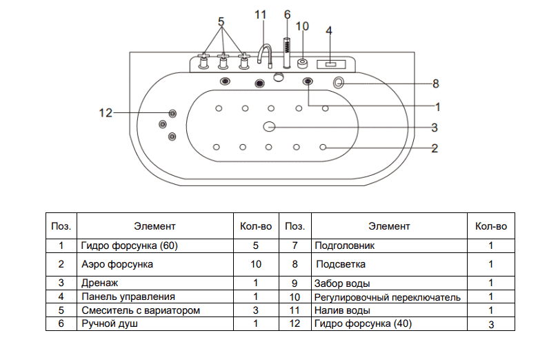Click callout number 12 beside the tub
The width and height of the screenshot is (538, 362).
pyautogui.click(x=105, y=112)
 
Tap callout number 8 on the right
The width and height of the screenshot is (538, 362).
pyautogui.click(x=435, y=83)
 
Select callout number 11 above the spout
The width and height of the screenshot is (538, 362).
pyautogui.click(x=260, y=14)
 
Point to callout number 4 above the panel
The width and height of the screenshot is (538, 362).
pyautogui.click(x=329, y=30)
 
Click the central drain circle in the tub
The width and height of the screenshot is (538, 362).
pyautogui.click(x=269, y=127)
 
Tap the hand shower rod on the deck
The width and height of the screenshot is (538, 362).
pyautogui.click(x=286, y=51)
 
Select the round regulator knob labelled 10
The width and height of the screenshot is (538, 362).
pyautogui.click(x=303, y=64)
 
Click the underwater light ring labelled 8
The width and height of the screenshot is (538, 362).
pyautogui.click(x=340, y=83)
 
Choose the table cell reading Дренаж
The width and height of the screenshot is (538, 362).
pyautogui.click(x=100, y=283)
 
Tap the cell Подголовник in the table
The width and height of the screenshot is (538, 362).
pyautogui.click(x=345, y=245)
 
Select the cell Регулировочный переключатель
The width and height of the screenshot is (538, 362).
pyautogui.click(x=387, y=296)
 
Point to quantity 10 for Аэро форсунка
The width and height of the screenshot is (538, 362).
pyautogui.click(x=255, y=264)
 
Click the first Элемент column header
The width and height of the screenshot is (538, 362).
pyautogui.click(x=155, y=226)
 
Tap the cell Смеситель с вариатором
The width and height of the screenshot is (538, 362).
pyautogui.click(x=140, y=310)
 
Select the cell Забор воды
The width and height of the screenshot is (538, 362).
pyautogui.click(x=342, y=283)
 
